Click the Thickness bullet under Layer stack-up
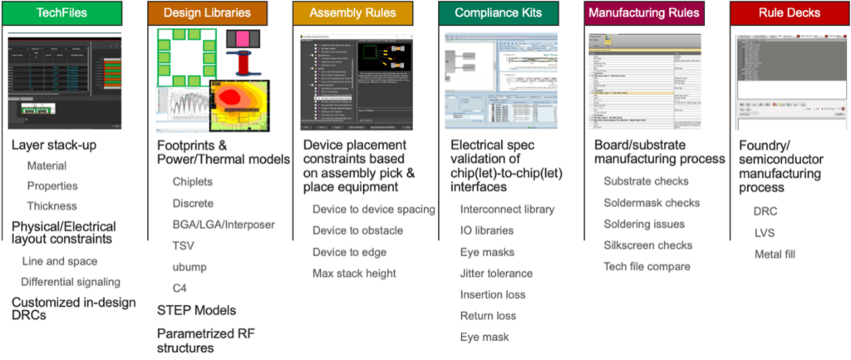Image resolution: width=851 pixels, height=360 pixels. tap(52, 205)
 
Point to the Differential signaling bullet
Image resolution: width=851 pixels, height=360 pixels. tap(70, 281)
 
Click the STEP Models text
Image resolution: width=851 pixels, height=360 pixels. tap(196, 310)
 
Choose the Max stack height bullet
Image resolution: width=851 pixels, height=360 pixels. tap(354, 273)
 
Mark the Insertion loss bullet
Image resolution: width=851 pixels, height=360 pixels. tap(493, 294)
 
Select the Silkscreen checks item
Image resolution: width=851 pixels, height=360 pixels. tap(647, 245)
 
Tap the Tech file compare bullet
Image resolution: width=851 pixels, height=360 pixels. tap(647, 266)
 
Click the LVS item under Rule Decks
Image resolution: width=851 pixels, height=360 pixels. tap(765, 232)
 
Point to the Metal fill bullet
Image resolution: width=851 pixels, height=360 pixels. tap(775, 254)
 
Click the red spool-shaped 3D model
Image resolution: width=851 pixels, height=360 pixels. tap(242, 63)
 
